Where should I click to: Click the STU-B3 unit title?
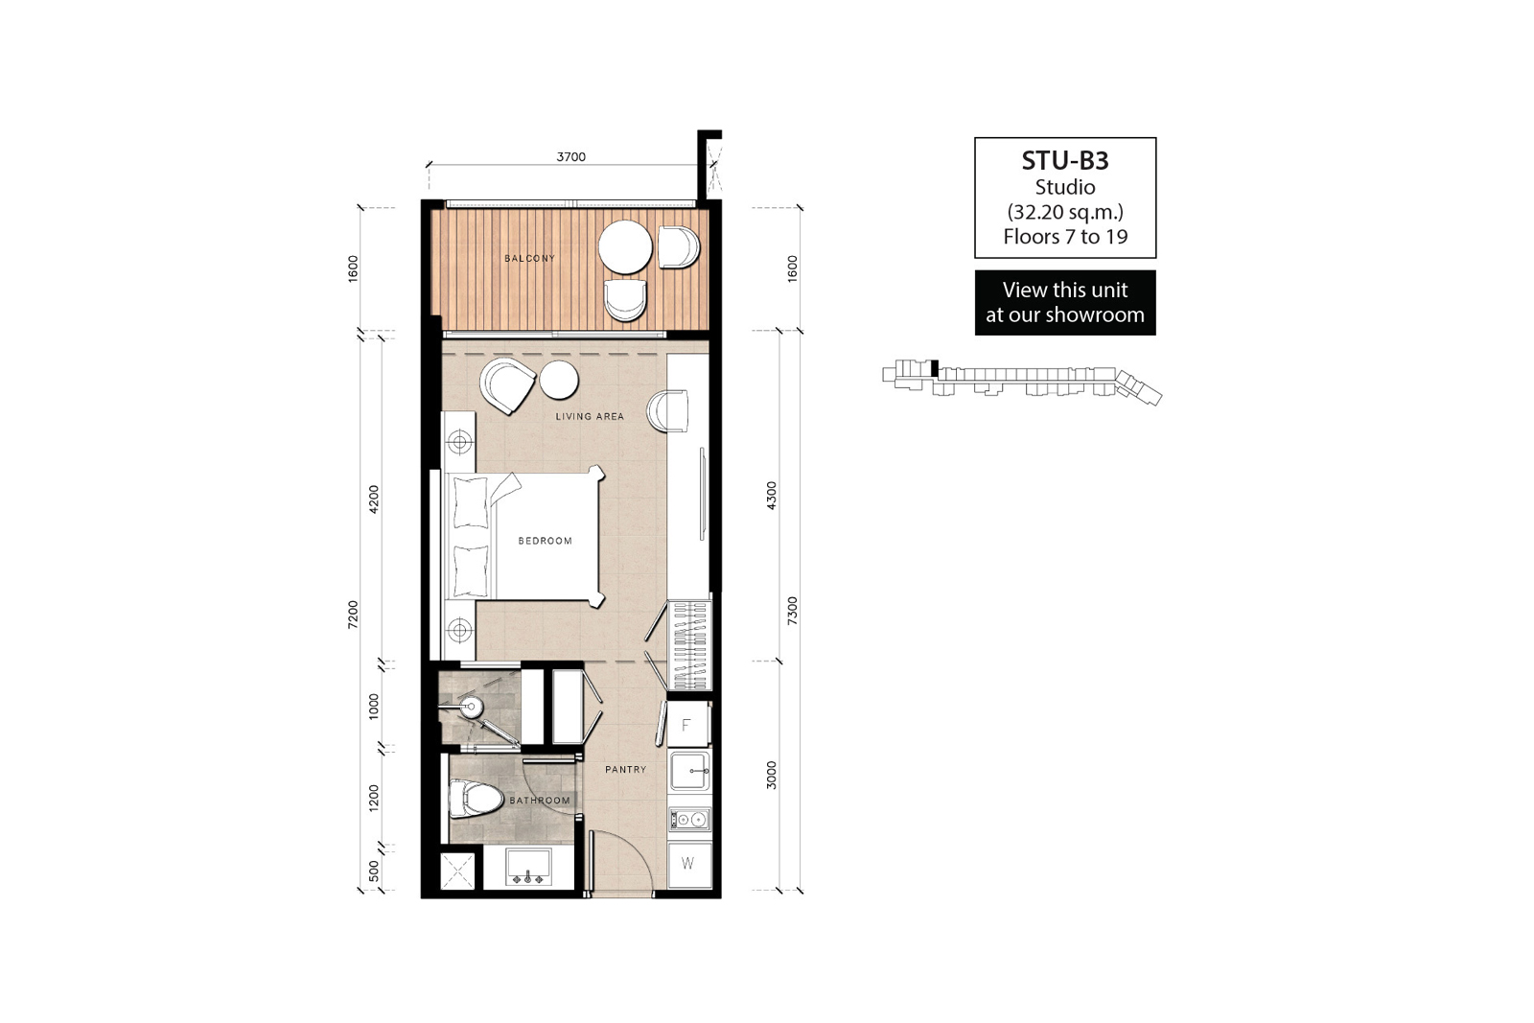pyautogui.click(x=1065, y=160)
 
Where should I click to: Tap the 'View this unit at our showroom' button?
pyautogui.click(x=1065, y=303)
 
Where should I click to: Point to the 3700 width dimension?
pyautogui.click(x=570, y=157)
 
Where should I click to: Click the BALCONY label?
pyautogui.click(x=529, y=258)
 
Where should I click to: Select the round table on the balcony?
pyautogui.click(x=625, y=246)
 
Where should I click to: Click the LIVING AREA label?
pyautogui.click(x=590, y=416)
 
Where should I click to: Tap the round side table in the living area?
pyautogui.click(x=559, y=380)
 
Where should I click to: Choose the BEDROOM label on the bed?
pyautogui.click(x=546, y=541)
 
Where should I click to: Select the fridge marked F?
pyautogui.click(x=687, y=725)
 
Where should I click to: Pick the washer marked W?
pyautogui.click(x=688, y=864)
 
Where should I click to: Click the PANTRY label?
pyautogui.click(x=625, y=770)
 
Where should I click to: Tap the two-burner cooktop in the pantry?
pyautogui.click(x=689, y=819)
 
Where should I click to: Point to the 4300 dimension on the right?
pyautogui.click(x=772, y=495)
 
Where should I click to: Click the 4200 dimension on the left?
pyautogui.click(x=373, y=500)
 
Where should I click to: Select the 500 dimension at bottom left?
pyautogui.click(x=373, y=871)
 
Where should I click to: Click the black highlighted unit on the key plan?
pyautogui.click(x=935, y=368)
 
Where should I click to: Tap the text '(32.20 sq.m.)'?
pyautogui.click(x=1065, y=212)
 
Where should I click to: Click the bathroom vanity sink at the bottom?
pyautogui.click(x=528, y=868)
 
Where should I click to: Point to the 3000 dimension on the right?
pyautogui.click(x=772, y=775)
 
